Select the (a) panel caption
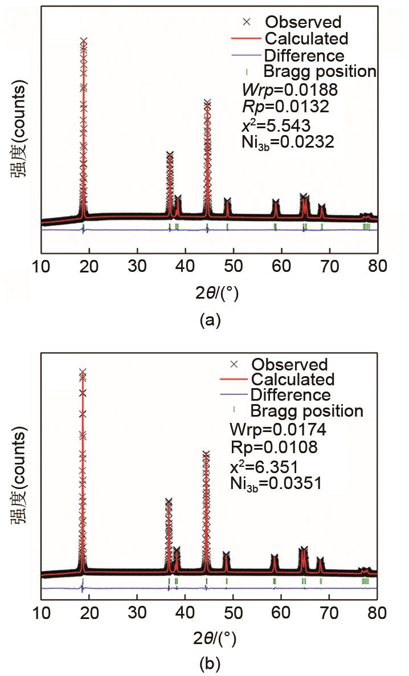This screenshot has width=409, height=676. coord(209,320)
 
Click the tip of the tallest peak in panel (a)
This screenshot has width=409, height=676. coord(84,40)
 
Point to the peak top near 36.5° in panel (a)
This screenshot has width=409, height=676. coord(169,153)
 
